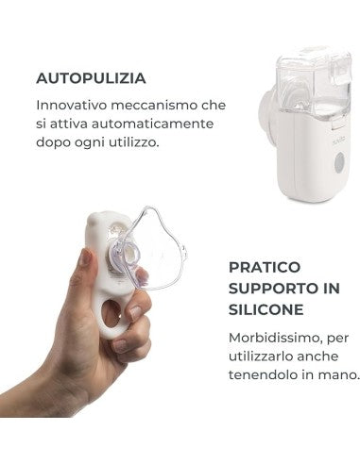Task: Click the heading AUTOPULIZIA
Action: coord(91,78)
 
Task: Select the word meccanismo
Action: coord(154,105)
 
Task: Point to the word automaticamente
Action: coord(153,124)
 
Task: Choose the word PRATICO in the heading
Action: coord(265,267)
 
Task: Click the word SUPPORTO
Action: coord(270,289)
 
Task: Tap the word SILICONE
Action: coord(266,310)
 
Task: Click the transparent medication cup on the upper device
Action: coord(315,82)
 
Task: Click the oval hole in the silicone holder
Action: coord(111,313)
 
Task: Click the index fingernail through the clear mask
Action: coord(142,276)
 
